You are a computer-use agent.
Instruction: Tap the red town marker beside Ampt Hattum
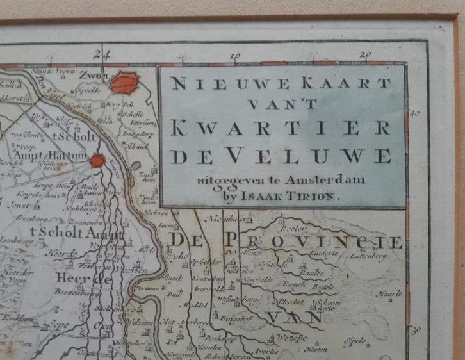pyautogui.click(x=97, y=160)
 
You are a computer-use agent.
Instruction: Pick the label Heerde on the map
pyautogui.click(x=79, y=278)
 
